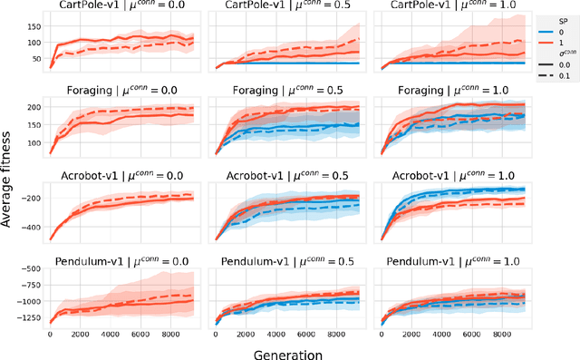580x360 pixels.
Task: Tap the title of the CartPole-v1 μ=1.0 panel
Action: pos(442,7)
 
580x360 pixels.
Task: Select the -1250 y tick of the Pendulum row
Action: pos(31,318)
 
